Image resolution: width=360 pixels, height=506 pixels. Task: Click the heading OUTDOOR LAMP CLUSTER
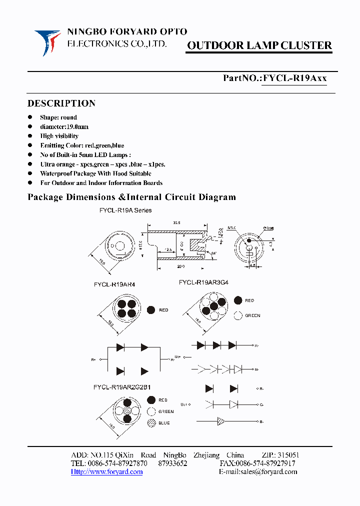click(259, 46)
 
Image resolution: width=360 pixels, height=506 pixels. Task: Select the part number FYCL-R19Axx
click(295, 78)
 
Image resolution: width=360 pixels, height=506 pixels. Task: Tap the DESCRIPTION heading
click(61, 103)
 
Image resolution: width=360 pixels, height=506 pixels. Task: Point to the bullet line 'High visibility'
click(59, 136)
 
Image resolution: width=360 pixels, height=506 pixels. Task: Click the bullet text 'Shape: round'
click(58, 117)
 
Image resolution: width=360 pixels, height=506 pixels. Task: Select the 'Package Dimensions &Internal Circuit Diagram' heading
click(131, 197)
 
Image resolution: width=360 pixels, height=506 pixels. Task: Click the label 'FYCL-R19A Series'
click(125, 210)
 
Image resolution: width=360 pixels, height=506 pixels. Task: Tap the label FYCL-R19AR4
click(114, 284)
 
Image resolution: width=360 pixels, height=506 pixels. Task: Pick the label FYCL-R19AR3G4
click(203, 282)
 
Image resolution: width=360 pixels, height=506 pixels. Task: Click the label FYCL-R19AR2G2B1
click(122, 387)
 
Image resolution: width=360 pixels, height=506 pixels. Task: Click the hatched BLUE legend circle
click(151, 423)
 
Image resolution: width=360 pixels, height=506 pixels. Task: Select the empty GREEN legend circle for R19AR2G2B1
click(151, 411)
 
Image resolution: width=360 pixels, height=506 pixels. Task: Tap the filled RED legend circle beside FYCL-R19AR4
click(151, 310)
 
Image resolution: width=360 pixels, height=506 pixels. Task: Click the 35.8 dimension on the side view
click(176, 222)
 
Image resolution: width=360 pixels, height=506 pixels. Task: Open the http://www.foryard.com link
click(106, 472)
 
